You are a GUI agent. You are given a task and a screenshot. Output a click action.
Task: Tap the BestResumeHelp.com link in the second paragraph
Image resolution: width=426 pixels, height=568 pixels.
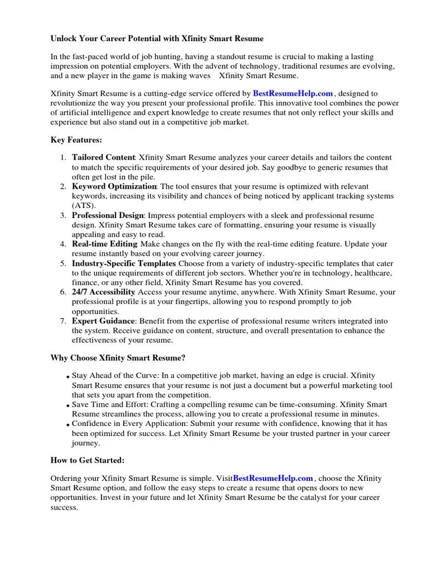tap(293, 94)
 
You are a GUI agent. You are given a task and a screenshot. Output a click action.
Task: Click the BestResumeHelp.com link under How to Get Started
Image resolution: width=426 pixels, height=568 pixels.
tap(273, 478)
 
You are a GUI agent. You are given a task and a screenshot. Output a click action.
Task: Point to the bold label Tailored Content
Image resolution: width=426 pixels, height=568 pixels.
tap(104, 158)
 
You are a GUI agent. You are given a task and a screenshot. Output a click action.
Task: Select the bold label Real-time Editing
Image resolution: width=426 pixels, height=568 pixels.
tap(104, 244)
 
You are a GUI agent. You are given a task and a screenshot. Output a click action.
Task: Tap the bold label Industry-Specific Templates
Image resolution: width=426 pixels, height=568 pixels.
tap(124, 263)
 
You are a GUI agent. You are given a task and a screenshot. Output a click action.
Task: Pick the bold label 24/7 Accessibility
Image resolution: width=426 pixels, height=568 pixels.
tap(104, 292)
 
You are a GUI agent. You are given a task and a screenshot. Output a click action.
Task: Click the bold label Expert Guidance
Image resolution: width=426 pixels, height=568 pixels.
tap(103, 321)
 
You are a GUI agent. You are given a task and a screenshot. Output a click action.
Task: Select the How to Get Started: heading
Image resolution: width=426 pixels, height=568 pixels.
tap(88, 460)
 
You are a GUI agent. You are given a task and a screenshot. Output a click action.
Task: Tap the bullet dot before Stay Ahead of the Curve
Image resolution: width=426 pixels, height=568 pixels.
tap(68, 377)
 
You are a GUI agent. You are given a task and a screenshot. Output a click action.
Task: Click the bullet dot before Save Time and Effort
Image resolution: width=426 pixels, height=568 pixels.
tap(68, 406)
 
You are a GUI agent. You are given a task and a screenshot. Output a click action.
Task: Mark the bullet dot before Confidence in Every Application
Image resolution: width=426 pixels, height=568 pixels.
tap(68, 425)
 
